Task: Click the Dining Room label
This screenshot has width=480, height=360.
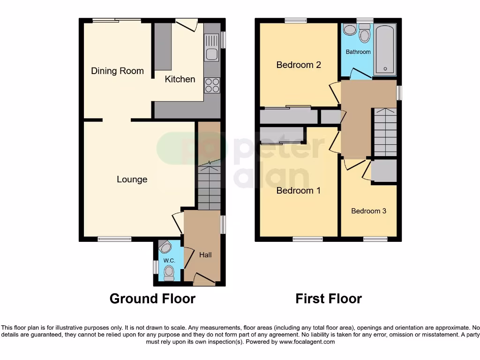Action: click(117, 71)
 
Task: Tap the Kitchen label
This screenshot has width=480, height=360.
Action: click(180, 79)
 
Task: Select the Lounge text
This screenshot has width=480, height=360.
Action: click(132, 180)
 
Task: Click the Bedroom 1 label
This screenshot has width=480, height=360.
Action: click(298, 191)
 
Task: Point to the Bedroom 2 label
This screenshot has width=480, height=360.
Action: click(298, 65)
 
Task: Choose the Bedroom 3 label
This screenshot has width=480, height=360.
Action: click(368, 211)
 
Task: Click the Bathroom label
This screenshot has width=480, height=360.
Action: click(358, 52)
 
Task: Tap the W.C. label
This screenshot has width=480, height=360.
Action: click(169, 261)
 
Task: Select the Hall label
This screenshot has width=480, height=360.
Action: click(205, 255)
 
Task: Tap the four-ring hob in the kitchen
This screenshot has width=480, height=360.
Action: click(212, 85)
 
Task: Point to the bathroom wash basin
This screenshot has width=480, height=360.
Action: click(349, 30)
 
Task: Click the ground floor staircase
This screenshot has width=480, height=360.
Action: click(209, 185)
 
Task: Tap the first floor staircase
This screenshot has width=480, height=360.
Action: click(385, 132)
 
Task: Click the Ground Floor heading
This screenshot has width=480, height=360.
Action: click(152, 299)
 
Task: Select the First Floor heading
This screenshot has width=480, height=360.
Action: click(329, 299)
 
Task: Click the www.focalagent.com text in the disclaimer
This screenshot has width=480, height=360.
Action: click(307, 342)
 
